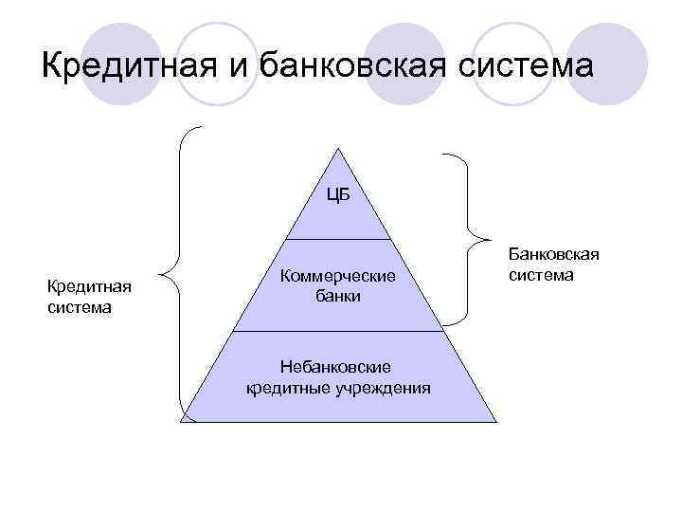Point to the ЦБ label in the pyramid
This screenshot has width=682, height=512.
[338, 196]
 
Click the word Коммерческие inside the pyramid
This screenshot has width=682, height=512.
[338, 275]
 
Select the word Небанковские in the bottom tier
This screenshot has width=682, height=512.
[338, 367]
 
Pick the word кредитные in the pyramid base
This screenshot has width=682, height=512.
[281, 387]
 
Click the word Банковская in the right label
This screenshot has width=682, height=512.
[554, 255]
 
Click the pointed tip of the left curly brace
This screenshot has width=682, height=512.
[162, 277]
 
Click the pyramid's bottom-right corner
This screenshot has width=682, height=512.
[496, 422]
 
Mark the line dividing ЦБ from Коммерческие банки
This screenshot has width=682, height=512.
[338, 237]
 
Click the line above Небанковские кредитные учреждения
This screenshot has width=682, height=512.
[338, 331]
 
